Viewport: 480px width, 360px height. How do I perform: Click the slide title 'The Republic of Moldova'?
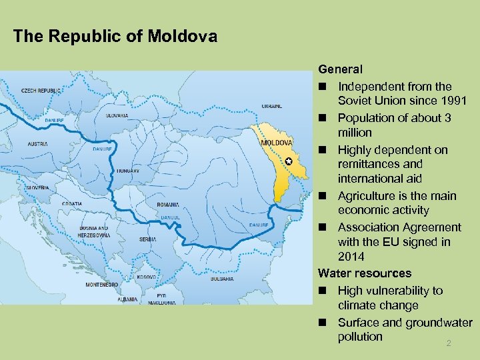tap(115, 36)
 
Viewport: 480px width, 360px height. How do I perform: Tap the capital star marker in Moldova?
tap(288, 162)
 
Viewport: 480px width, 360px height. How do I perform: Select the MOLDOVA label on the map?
tap(276, 143)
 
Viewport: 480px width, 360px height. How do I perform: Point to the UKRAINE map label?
tap(271, 106)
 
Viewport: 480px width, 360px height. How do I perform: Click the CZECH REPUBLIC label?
tap(41, 90)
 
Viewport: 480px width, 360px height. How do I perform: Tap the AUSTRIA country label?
tap(37, 143)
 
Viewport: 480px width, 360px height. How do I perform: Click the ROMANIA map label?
tap(168, 205)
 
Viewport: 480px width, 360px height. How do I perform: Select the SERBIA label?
tap(148, 239)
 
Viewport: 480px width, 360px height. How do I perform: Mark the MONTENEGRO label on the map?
tap(102, 284)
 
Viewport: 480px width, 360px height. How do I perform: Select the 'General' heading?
tap(340, 69)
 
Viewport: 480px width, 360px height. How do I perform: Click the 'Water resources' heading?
tap(365, 273)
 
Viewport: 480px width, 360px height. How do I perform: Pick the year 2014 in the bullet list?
tap(351, 257)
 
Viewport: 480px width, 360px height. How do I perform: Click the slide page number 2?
tap(449, 343)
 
